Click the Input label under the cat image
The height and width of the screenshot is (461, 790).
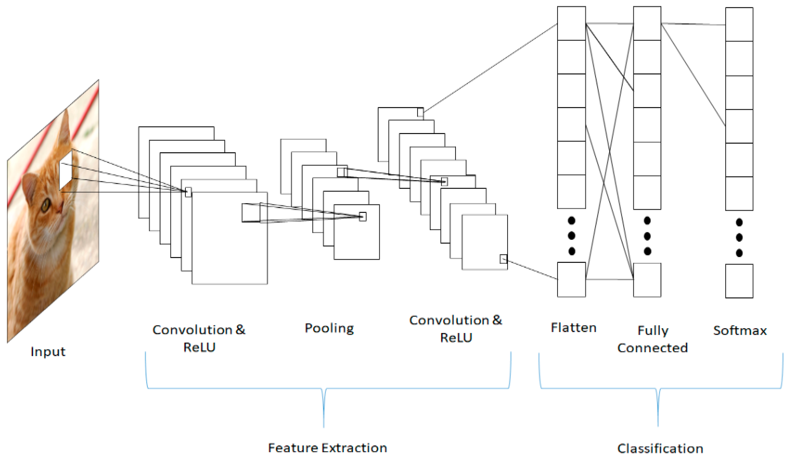point(48,352)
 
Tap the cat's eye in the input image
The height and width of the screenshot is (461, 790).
point(46,206)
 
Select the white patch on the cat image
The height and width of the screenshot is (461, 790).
point(66,170)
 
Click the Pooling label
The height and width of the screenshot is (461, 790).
point(329,328)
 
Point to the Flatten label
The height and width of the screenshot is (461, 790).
point(573,328)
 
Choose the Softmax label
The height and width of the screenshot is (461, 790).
point(740,331)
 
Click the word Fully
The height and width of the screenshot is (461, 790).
point(653,331)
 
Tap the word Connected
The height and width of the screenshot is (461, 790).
point(652,348)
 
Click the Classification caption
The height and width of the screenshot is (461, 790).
point(660,449)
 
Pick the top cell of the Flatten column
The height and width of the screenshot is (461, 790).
point(571,23)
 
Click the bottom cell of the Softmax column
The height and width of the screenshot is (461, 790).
point(739,281)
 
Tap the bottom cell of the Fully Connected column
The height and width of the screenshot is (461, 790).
point(647,280)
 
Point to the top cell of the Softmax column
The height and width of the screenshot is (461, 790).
point(739,25)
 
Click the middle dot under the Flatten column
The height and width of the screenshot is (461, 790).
point(571,235)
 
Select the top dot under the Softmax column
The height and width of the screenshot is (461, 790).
point(739,223)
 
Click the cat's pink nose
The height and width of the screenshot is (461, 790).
point(60,208)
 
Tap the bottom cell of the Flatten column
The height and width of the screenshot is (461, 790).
point(571,280)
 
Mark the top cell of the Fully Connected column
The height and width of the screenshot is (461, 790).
point(647,23)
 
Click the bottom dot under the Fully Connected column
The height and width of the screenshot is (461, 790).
point(647,251)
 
